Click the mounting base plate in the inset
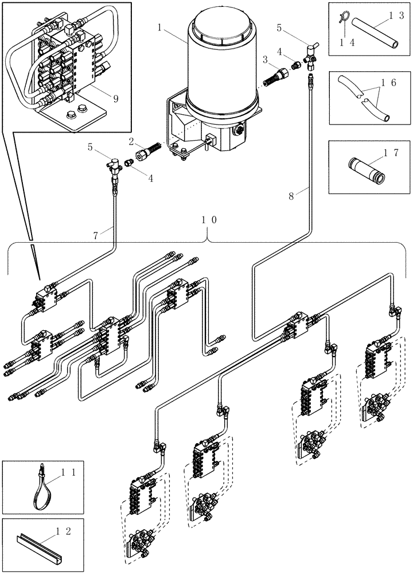75,119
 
